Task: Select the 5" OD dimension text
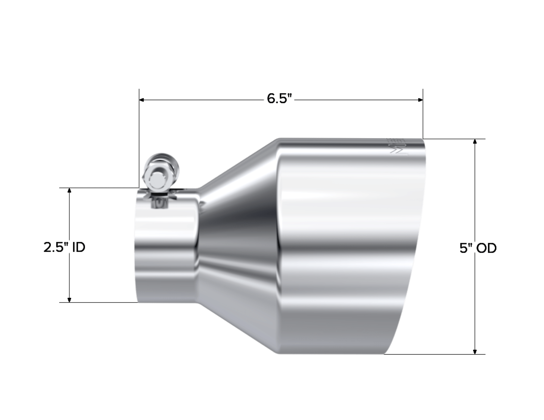tap(478, 248)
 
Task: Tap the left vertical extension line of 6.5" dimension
tap(139, 136)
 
